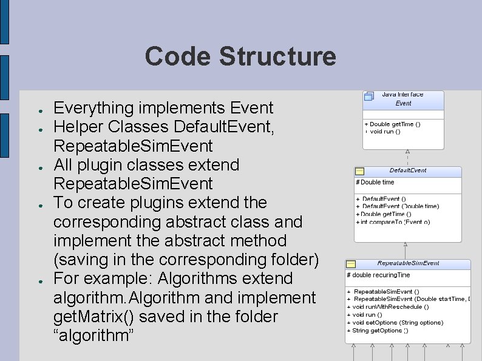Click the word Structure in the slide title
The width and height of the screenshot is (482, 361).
click(x=277, y=56)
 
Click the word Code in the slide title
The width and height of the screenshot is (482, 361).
click(x=178, y=56)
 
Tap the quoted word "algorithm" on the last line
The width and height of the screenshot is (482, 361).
click(x=94, y=336)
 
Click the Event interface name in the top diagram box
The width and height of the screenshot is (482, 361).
click(x=403, y=103)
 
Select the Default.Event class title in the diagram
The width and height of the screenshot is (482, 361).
click(x=408, y=170)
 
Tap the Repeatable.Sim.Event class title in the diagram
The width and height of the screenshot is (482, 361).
click(x=408, y=263)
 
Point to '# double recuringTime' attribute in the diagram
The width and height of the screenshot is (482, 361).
click(x=378, y=275)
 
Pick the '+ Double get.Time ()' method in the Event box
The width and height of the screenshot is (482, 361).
click(x=392, y=124)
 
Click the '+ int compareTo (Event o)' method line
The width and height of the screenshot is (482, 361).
click(x=393, y=222)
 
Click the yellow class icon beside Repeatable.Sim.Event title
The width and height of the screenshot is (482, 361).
click(x=351, y=264)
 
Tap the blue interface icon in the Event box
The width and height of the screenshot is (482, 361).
click(x=368, y=96)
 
